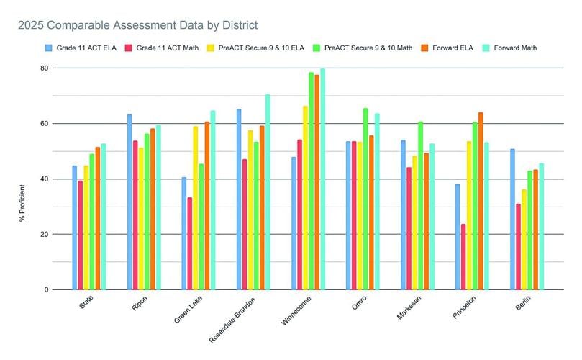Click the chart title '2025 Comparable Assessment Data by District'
(138, 26)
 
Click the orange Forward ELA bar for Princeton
(481, 201)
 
